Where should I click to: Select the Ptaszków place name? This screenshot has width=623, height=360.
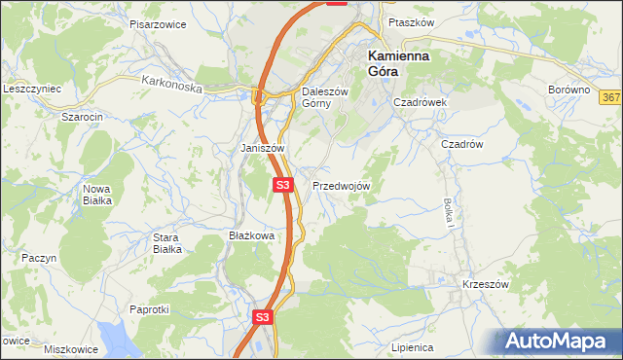(x=409, y=21)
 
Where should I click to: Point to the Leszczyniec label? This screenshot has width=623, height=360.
(x=32, y=89)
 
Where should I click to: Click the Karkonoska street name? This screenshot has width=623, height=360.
(x=170, y=86)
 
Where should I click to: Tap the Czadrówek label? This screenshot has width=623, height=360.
(x=419, y=101)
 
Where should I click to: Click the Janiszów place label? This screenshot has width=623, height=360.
(x=262, y=148)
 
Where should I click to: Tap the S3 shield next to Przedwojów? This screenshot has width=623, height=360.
(x=282, y=184)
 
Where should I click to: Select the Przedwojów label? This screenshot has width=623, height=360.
(x=341, y=185)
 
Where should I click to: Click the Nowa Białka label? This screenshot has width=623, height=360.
(x=96, y=195)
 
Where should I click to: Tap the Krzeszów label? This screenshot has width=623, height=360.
(x=486, y=284)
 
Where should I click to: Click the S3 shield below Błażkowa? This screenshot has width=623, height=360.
(x=262, y=317)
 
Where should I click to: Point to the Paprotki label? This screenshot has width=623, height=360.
(x=149, y=309)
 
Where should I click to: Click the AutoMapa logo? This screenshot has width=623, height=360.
(x=559, y=341)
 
